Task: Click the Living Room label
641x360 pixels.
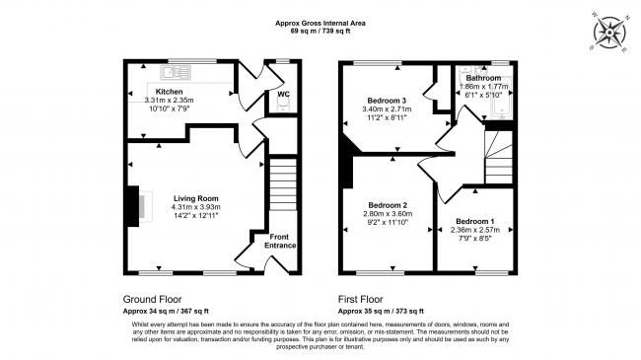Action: pyautogui.click(x=196, y=197)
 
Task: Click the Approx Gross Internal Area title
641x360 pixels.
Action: pyautogui.click(x=320, y=23)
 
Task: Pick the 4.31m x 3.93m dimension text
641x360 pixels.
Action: pyautogui.click(x=196, y=207)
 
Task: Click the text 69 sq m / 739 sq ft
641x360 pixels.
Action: pyautogui.click(x=320, y=32)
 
